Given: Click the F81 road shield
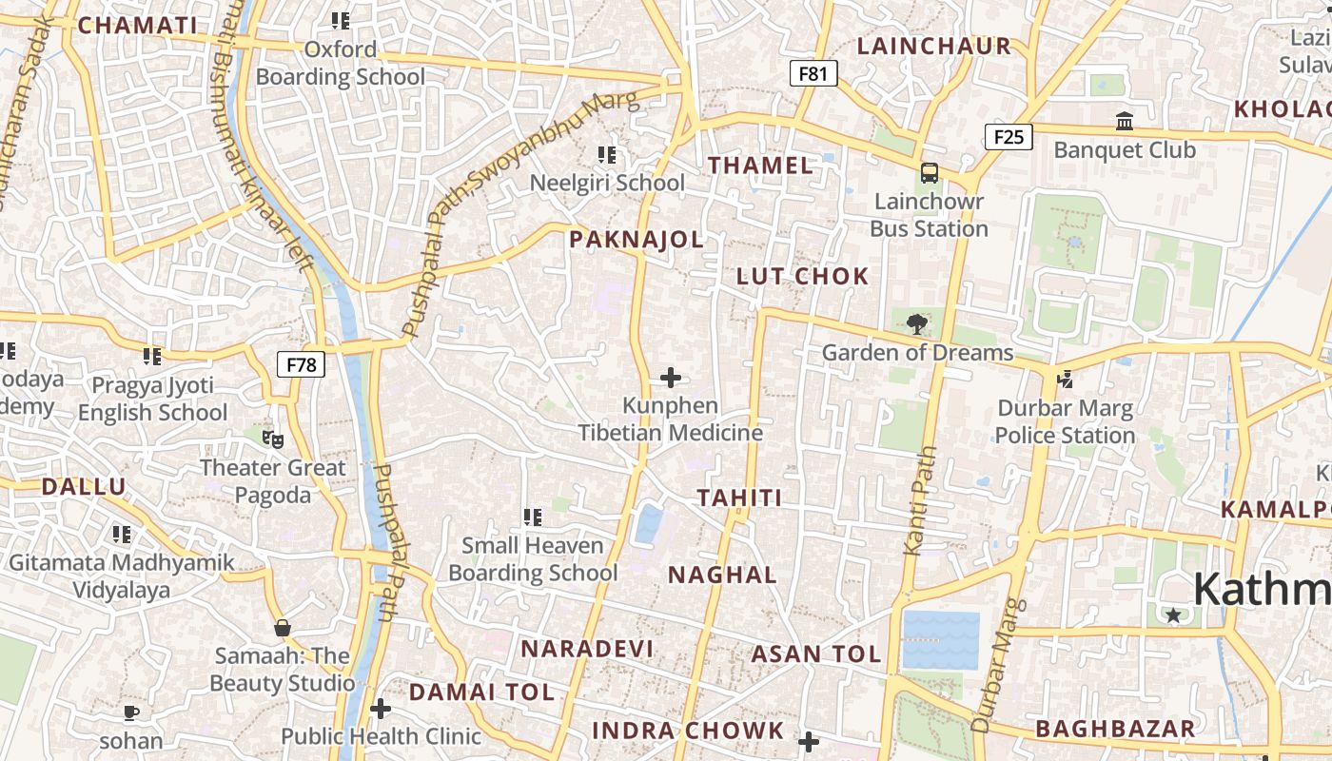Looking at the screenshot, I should pos(813,73).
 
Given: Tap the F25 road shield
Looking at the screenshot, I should pos(1009,137).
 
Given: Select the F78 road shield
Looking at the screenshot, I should pos(302,364).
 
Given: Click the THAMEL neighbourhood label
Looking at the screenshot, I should pos(761,166).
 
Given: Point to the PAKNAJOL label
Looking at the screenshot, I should pos(637,240).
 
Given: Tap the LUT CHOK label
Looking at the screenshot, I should pos(803,277).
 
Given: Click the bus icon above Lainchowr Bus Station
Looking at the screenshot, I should pos(929,173).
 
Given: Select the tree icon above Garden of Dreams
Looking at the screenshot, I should pos(916,324).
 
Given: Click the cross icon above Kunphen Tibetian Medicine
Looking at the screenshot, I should pos(671,378).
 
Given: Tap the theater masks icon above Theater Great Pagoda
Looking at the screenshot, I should pos(273,439).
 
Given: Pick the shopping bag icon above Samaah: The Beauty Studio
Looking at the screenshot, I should pos(282,628).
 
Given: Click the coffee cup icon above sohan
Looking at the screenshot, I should pos(131,712).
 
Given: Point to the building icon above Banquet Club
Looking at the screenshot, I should pos(1125,121).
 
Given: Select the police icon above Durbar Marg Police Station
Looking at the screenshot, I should pos(1066,380).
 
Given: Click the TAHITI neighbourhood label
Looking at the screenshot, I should pos(739,498).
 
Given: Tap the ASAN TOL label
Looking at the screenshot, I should pos(816,654).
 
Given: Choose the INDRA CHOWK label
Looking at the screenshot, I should pos(688,732).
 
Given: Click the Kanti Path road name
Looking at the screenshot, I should pos(915,500).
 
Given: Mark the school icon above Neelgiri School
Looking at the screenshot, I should pos(607,154).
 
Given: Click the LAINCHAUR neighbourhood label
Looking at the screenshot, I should pos(933,46).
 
